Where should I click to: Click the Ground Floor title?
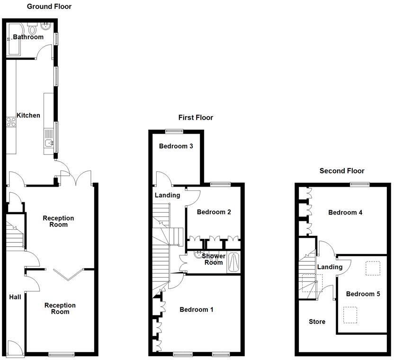pos(49,7)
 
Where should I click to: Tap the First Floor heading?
pos(196,117)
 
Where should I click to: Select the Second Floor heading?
pos(342,171)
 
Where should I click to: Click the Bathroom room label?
pos(28,37)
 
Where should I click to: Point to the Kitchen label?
pos(28,116)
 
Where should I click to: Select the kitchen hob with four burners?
pos(10,122)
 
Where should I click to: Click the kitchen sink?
pos(48,143)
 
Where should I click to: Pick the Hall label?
pos(15,297)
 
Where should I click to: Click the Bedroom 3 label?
pos(176,146)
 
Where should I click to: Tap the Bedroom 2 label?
pos(214,212)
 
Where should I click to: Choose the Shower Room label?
pos(214,259)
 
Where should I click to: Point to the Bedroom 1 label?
pos(197,310)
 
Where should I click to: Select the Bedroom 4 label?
pos(345,213)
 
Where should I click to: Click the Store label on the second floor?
pos(317,322)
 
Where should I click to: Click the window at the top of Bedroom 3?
pos(174,130)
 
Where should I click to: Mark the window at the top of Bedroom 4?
pos(360,183)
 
